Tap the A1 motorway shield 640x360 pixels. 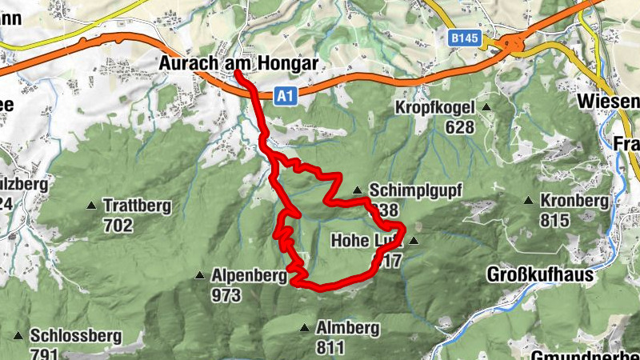(x=284, y=96)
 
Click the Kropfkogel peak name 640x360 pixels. (x=434, y=107)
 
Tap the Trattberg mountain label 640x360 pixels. (x=137, y=206)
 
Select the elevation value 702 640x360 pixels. (x=118, y=226)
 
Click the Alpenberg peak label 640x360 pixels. (x=249, y=276)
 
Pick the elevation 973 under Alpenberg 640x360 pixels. (x=227, y=295)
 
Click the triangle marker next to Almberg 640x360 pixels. (x=305, y=328)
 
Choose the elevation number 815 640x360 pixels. (x=554, y=220)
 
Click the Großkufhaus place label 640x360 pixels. (x=540, y=275)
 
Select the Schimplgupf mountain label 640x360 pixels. (x=416, y=190)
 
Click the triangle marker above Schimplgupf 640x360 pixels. (x=358, y=190)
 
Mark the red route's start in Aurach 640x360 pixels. (x=238, y=74)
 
